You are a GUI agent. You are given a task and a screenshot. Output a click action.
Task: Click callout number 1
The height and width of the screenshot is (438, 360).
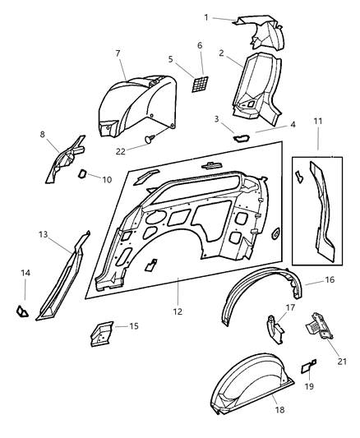tap(206, 16)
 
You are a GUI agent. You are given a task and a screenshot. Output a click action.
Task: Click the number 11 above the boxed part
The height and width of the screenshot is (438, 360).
tap(318, 122)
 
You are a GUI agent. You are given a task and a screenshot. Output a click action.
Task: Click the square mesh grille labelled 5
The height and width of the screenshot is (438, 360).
tap(199, 85)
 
